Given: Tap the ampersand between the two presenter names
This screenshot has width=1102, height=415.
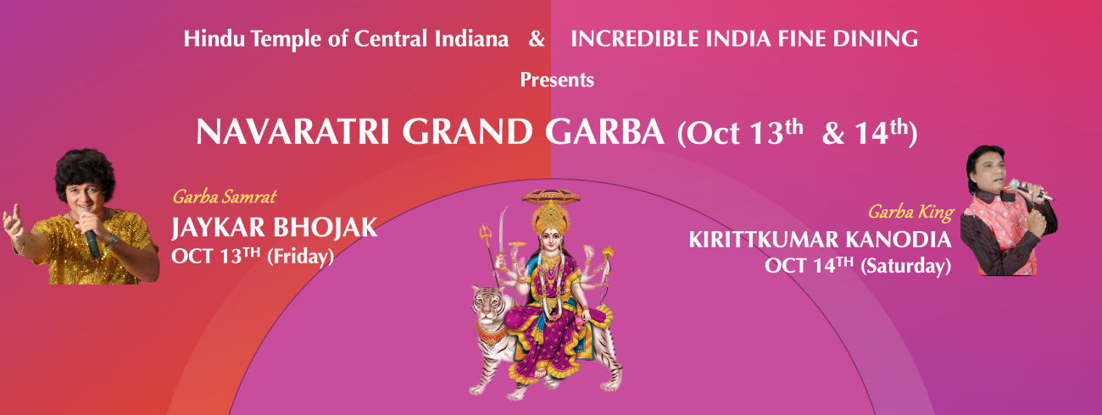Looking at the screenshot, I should (537, 39).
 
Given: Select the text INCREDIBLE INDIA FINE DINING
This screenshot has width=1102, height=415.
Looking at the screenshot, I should (744, 39).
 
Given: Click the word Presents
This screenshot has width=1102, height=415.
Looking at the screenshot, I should (557, 80).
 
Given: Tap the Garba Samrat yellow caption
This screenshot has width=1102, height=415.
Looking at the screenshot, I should (224, 198).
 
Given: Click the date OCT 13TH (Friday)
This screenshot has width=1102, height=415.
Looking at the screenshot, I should (252, 255).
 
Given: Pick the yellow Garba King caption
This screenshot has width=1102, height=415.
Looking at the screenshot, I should (910, 212).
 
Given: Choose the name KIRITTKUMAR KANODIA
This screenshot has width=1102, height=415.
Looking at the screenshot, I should (820, 241).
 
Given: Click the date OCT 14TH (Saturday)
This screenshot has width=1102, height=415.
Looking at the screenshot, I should (857, 266).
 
